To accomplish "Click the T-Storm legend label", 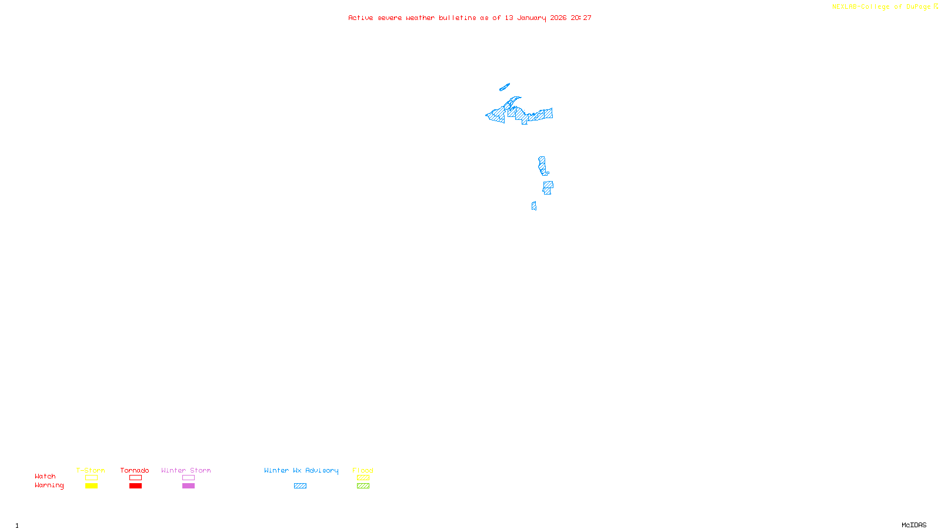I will pyautogui.click(x=91, y=470).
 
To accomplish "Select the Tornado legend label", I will pyautogui.click(x=135, y=470).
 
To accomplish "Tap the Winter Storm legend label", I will pyautogui.click(x=186, y=470).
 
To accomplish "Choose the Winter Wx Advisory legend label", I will pyautogui.click(x=301, y=470).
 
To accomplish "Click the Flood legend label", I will pyautogui.click(x=363, y=470).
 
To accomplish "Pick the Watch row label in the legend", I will pyautogui.click(x=45, y=477).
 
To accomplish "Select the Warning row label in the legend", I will pyautogui.click(x=49, y=486).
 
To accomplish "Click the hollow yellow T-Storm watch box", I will pyautogui.click(x=91, y=478).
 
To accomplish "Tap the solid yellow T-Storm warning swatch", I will pyautogui.click(x=91, y=486).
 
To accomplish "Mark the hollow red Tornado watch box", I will pyautogui.click(x=135, y=478).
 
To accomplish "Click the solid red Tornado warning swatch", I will pyautogui.click(x=135, y=486).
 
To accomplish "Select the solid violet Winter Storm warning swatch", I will pyautogui.click(x=188, y=486).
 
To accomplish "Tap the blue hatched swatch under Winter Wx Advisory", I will pyautogui.click(x=300, y=486).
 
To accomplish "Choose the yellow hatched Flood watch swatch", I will pyautogui.click(x=363, y=478).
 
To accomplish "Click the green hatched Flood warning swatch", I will pyautogui.click(x=363, y=486).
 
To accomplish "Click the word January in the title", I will pyautogui.click(x=532, y=18).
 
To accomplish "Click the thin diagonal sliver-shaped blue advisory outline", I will pyautogui.click(x=505, y=88).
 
